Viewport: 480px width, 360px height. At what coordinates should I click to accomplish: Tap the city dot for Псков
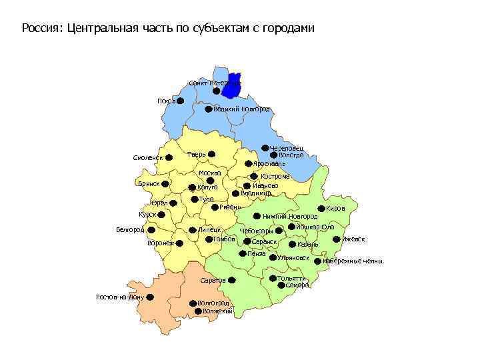[180, 101]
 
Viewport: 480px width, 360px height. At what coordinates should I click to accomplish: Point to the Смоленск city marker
[169, 157]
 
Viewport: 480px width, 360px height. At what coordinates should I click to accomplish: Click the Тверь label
[196, 155]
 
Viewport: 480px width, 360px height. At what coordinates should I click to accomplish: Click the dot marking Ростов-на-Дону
[150, 297]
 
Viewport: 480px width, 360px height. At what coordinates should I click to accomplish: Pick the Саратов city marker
[231, 280]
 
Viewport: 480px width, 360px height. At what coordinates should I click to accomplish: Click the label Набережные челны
[353, 261]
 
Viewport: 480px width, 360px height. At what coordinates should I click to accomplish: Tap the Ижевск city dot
[336, 238]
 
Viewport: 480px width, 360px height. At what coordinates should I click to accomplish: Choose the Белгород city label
[130, 230]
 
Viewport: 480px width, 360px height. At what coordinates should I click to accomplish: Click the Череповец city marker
[265, 148]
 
